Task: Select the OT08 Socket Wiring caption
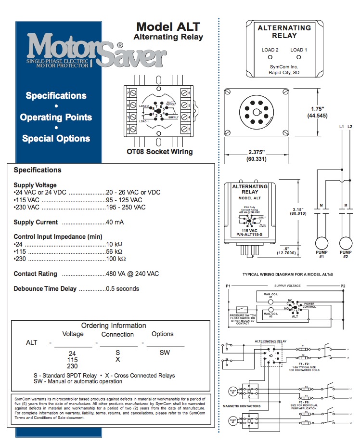coord(156,152)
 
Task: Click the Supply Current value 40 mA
coord(115,222)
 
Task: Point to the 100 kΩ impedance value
coord(116,259)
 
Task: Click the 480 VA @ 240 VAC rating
coord(132,274)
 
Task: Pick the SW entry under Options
coord(165,353)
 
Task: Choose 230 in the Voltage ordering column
coord(72,366)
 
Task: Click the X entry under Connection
coord(117,360)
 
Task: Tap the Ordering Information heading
coord(114,326)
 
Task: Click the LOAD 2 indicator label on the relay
coord(270,50)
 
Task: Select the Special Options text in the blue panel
coord(56,139)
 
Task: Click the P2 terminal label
coord(343,286)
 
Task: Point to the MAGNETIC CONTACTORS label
coord(242,406)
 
